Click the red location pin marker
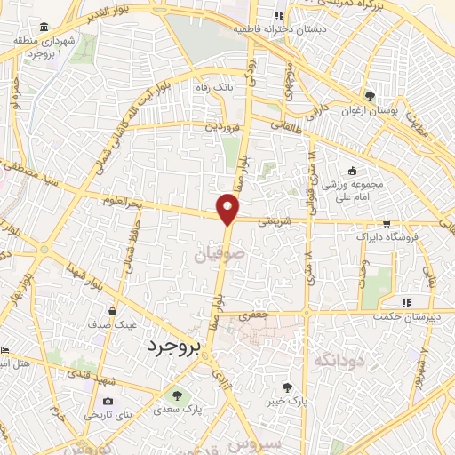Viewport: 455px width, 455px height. point(228,209)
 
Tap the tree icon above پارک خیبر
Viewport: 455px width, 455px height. point(287,387)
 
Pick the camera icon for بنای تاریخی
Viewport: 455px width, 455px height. point(108,401)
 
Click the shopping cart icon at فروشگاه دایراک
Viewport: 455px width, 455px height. point(386,224)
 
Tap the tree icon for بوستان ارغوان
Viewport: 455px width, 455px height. point(371,95)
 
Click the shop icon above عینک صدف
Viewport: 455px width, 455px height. point(113,311)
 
